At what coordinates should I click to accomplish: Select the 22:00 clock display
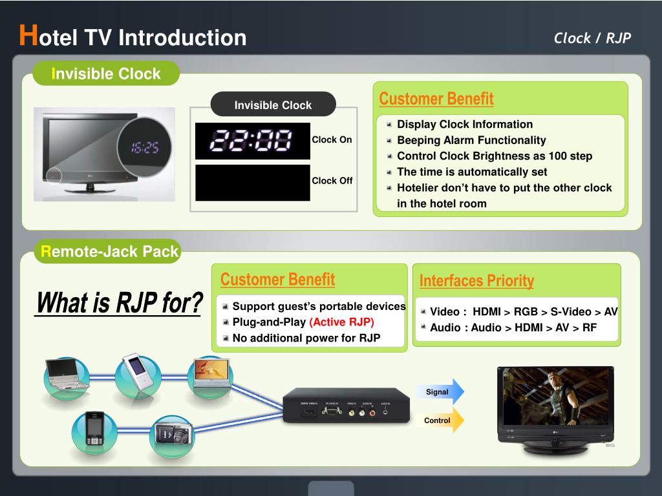point(253,141)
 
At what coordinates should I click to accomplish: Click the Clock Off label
point(332,181)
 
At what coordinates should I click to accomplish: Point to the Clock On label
point(332,139)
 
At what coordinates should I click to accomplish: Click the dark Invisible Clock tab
point(272,105)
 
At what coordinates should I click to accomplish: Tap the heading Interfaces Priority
point(476,280)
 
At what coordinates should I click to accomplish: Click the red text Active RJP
point(341,322)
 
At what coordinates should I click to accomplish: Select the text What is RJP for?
point(119,303)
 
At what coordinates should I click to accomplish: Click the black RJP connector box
point(346,406)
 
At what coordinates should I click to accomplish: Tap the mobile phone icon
point(94,429)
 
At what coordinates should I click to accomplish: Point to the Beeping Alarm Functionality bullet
point(471,140)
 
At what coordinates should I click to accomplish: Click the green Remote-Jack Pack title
point(109,251)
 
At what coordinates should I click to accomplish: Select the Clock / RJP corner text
point(592,38)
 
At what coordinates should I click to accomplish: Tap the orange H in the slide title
point(27,36)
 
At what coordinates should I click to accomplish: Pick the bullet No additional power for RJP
point(306,338)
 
